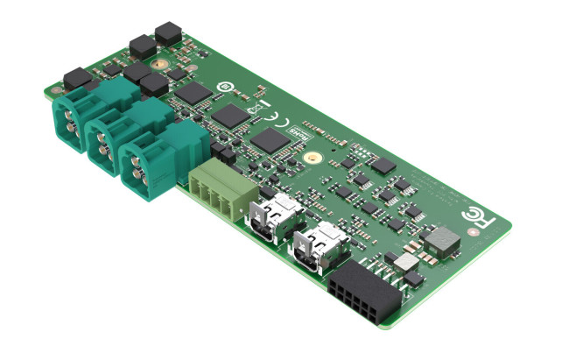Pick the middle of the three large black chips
(x=230, y=115)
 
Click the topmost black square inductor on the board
(x=165, y=34)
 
